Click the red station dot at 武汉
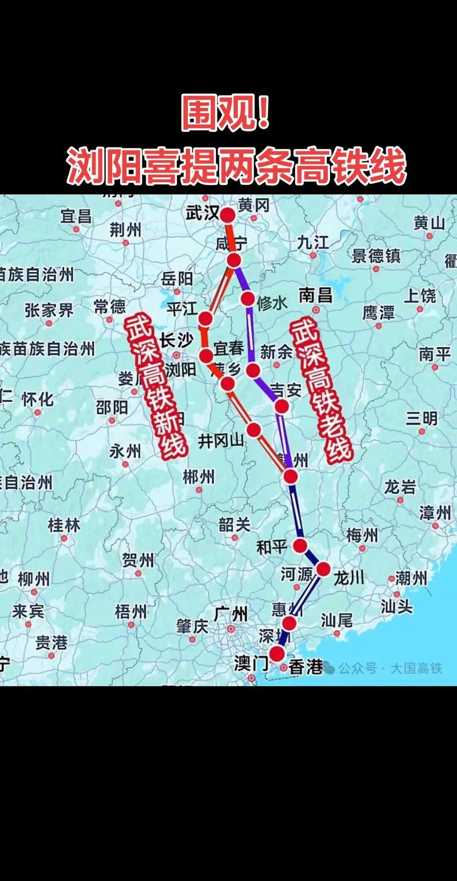tap(227, 215)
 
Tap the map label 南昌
tap(316, 295)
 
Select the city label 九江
tap(312, 242)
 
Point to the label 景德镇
tap(376, 256)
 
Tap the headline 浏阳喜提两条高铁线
tap(236, 165)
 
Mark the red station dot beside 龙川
tap(323, 569)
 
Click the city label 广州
tap(231, 615)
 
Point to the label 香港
tap(306, 667)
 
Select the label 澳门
tap(251, 664)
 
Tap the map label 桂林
tap(64, 525)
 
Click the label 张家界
tap(49, 310)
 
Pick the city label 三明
tap(422, 418)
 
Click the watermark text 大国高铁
tap(416, 668)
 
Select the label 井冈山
tap(221, 441)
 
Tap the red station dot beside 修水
tap(247, 298)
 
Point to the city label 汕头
tap(396, 607)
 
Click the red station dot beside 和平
tap(300, 545)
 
